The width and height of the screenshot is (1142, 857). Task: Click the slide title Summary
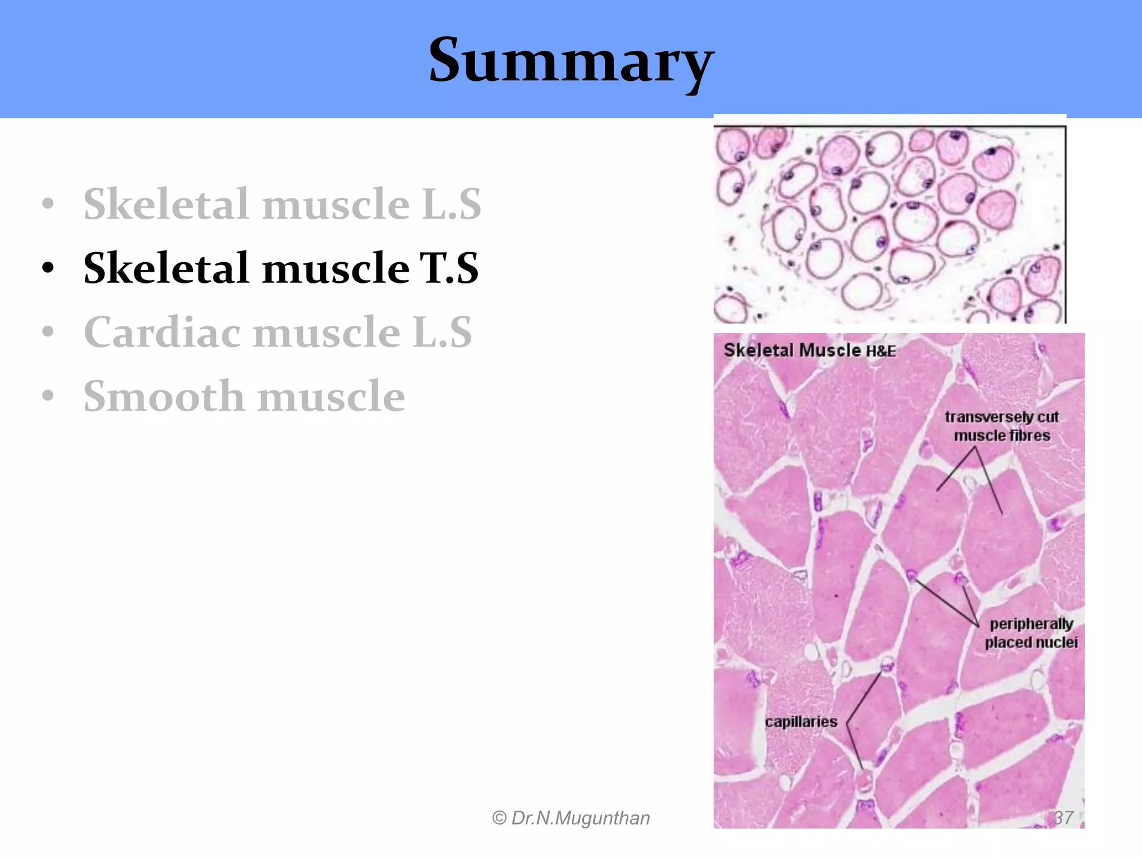[571, 60]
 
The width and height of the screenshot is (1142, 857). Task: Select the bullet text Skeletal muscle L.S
[282, 204]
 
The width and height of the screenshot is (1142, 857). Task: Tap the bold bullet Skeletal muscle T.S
[281, 268]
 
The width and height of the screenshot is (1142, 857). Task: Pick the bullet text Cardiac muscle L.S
[278, 333]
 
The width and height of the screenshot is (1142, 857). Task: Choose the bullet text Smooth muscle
[244, 397]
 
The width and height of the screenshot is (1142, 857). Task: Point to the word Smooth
[164, 397]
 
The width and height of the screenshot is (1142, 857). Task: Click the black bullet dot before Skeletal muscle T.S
[49, 268]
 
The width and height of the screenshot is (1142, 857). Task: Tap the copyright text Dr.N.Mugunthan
[580, 818]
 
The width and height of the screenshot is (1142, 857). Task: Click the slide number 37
[1063, 818]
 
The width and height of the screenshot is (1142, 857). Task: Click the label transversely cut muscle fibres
[1001, 426]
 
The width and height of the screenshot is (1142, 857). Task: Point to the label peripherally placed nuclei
[1031, 633]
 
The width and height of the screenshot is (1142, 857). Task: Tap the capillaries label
[801, 722]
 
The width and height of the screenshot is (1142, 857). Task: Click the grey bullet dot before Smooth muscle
[49, 396]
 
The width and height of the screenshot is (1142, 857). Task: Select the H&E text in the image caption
[881, 352]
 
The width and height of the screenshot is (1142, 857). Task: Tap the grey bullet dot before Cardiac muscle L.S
[49, 331]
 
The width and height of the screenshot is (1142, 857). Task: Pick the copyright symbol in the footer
[499, 819]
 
